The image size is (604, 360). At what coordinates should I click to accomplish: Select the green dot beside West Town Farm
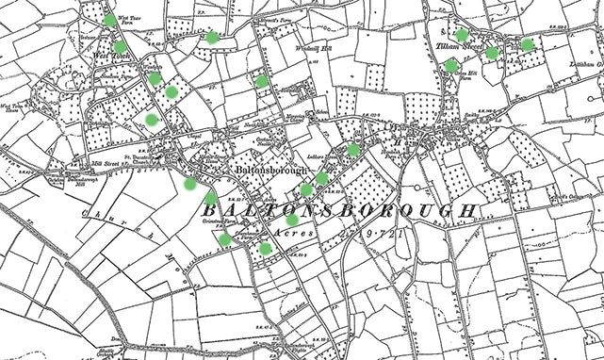[x=110, y=19]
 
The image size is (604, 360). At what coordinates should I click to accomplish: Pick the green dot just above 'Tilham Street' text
[x=462, y=35]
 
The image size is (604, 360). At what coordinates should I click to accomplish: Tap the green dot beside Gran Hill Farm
[x=452, y=65]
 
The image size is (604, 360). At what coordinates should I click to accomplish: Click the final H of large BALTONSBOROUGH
[x=468, y=209]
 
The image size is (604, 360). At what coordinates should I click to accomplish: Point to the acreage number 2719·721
[x=352, y=230]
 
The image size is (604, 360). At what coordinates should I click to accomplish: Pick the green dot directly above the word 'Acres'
[x=293, y=220]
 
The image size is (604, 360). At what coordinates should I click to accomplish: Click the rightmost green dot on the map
[x=528, y=44]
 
